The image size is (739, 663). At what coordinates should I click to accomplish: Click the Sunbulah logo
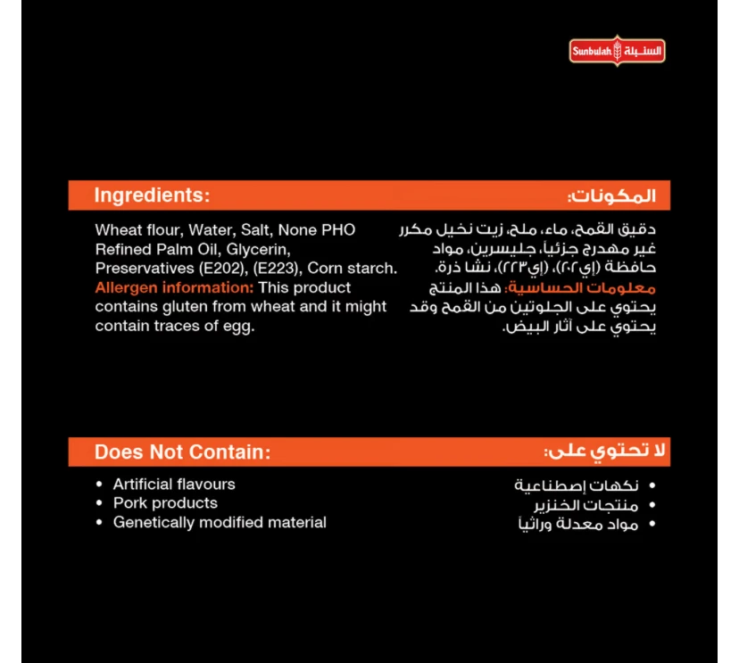[618, 51]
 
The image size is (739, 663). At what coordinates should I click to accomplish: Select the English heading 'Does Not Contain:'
[182, 452]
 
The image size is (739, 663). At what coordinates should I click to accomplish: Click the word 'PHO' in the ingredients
[338, 229]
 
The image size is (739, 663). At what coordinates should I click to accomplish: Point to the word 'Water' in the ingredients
[209, 229]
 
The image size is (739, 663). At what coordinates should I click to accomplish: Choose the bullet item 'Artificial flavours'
[174, 484]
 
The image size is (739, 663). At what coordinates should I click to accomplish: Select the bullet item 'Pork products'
[165, 503]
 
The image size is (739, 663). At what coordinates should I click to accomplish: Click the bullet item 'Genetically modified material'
[220, 523]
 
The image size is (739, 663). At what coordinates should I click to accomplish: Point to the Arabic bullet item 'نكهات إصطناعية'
[577, 485]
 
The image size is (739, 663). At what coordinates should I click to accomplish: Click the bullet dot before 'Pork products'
[100, 503]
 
